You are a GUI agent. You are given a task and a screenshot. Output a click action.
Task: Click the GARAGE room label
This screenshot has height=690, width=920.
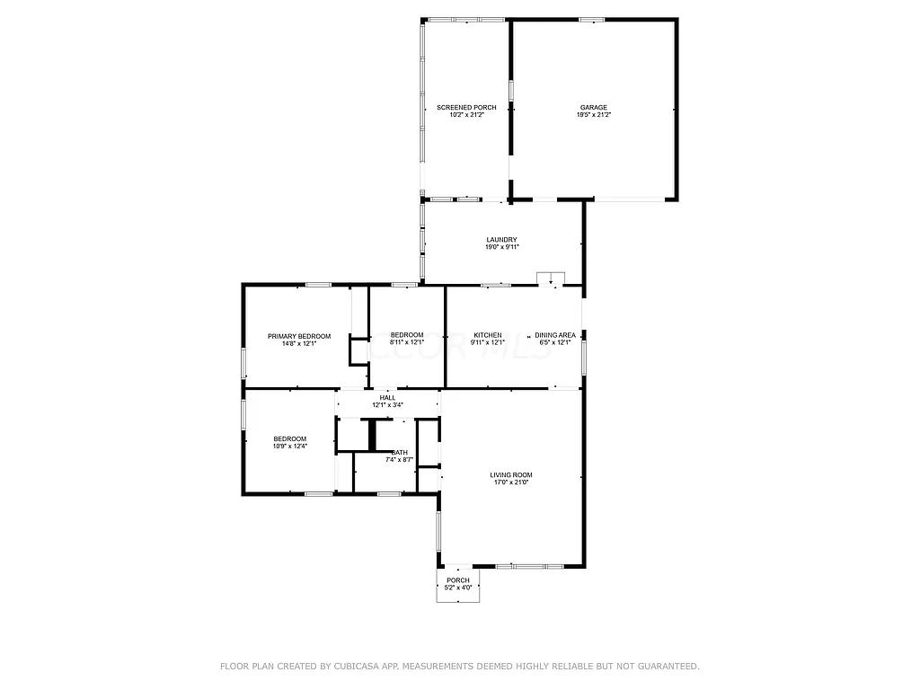593,107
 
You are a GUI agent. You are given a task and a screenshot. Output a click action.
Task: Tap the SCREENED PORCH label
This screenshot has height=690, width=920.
466,107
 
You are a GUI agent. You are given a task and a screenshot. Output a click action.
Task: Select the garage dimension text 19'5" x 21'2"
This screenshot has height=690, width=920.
593,115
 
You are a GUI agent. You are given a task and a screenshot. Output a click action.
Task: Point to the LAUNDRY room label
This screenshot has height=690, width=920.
502,239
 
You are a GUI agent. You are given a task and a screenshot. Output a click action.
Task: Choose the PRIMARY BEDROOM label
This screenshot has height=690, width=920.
299,336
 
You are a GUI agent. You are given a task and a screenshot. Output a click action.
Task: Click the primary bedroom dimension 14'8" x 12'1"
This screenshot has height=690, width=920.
299,343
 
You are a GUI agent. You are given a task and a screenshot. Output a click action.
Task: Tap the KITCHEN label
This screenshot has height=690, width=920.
488,335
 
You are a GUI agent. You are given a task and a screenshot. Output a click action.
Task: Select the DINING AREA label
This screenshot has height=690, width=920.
555,335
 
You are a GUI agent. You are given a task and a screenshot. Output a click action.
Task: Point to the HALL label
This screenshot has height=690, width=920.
387,397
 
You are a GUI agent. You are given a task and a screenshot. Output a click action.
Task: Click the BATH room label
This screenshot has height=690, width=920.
400,452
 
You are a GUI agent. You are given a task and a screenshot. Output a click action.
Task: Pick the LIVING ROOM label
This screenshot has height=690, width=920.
511,474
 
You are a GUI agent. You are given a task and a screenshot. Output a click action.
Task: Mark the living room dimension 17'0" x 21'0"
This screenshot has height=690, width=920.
511,482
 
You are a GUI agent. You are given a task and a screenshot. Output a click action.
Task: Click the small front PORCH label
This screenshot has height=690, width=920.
458,580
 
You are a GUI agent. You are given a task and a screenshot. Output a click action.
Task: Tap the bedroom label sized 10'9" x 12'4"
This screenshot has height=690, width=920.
289,438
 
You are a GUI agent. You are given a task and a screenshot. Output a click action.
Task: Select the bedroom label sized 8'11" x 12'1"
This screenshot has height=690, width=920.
406,335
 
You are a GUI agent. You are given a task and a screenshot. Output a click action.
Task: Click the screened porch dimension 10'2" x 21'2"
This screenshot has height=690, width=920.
466,115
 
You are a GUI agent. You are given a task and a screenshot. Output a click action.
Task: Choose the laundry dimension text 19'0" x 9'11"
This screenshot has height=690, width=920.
502,247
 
